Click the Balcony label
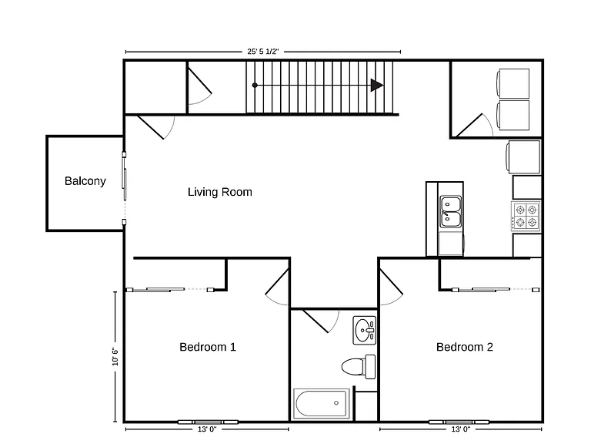click(85, 181)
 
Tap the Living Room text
click(220, 192)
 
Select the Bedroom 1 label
click(208, 347)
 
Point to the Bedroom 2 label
click(465, 347)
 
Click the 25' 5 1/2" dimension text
click(262, 52)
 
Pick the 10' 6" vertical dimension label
click(115, 356)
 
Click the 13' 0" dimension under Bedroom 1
click(207, 429)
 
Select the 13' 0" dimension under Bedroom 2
click(461, 429)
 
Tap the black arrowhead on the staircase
click(377, 86)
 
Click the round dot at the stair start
click(255, 86)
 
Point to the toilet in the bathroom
click(359, 366)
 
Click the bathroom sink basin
click(364, 331)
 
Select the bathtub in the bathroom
click(321, 403)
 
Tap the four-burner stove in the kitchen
click(526, 217)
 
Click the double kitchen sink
click(451, 212)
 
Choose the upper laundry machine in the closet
click(513, 83)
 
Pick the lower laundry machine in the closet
click(513, 115)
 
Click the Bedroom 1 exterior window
click(208, 422)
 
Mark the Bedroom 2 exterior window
click(459, 422)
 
